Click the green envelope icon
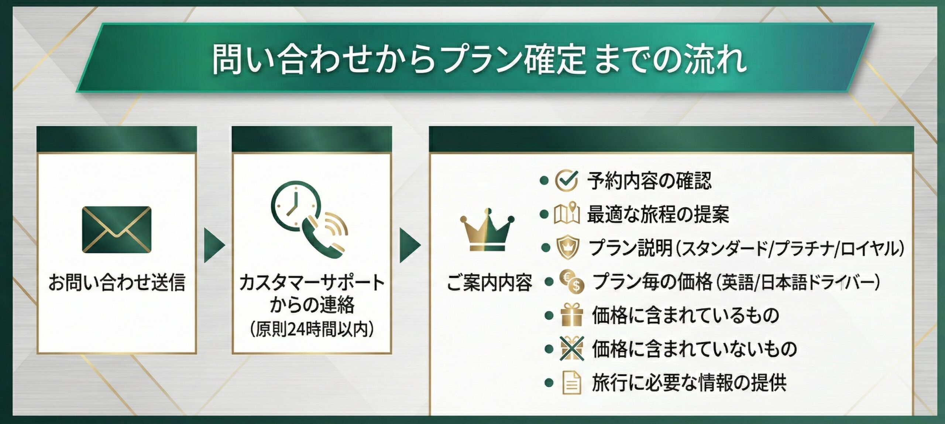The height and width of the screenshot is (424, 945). click(x=116, y=230)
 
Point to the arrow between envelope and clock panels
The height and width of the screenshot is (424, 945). click(x=214, y=245)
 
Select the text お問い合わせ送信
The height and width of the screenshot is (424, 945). click(x=116, y=282)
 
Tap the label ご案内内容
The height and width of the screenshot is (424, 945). click(x=489, y=283)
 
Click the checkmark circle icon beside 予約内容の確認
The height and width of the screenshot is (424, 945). click(x=566, y=180)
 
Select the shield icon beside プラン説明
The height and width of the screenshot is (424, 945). click(x=567, y=248)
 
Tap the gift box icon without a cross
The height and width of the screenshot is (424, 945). click(x=571, y=315)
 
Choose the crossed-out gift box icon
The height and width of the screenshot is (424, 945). click(x=571, y=348)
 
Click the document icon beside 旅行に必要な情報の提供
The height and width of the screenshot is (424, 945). click(x=571, y=383)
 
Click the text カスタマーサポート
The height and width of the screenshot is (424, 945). click(x=312, y=283)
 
